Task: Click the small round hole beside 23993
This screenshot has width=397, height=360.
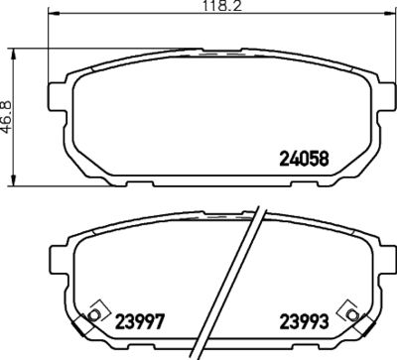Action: [x=346, y=316]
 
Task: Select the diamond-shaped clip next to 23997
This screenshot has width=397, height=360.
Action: [x=95, y=311]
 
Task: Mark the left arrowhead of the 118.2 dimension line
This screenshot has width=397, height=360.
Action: [x=50, y=19]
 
